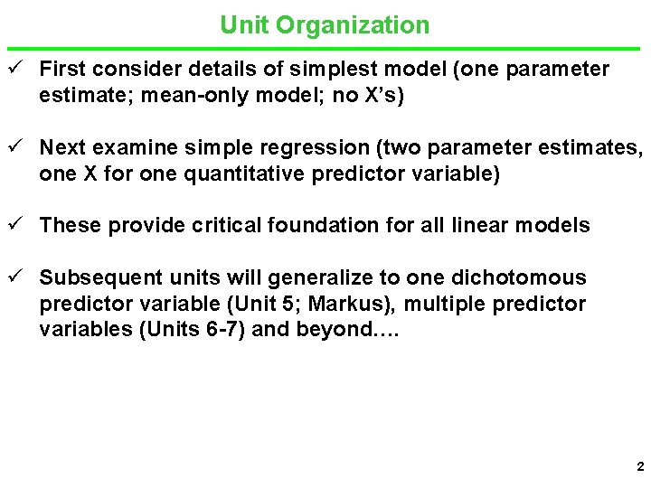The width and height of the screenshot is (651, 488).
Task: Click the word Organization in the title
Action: click(353, 25)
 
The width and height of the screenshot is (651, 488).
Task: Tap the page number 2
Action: click(639, 467)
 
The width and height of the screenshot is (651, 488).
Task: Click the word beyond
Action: click(334, 330)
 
